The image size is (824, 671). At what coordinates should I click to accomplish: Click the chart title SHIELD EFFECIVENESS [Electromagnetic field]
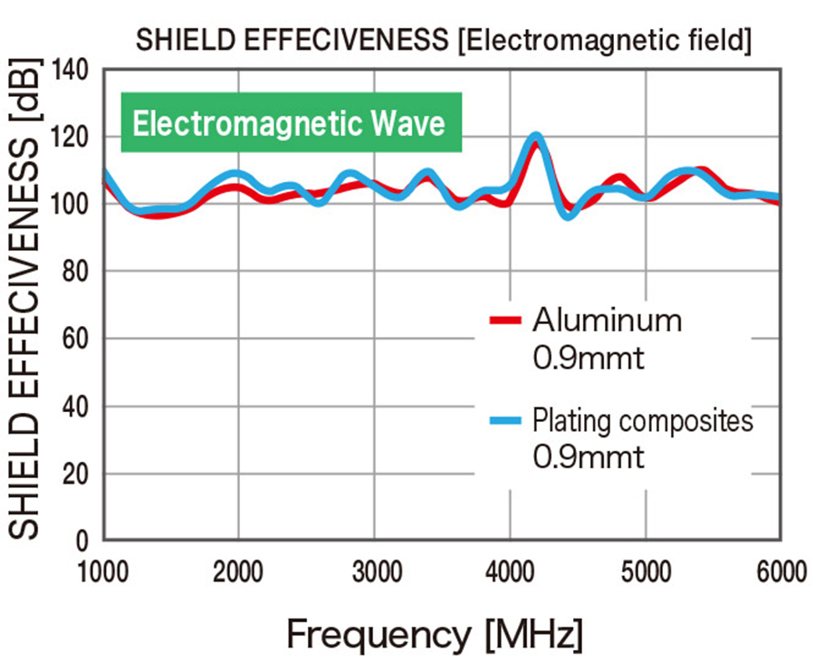[443, 41]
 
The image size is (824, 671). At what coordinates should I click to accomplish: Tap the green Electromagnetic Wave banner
[291, 122]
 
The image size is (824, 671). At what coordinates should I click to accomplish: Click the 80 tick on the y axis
[76, 272]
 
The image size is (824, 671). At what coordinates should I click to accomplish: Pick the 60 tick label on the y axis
[76, 340]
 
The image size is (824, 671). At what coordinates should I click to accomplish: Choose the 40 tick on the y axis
[76, 407]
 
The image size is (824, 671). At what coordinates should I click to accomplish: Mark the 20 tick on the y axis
[76, 474]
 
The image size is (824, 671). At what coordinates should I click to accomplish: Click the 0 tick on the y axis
[83, 542]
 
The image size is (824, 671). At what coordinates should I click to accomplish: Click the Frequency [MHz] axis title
[435, 635]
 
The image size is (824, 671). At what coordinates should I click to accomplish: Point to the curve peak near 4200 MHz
[536, 138]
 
